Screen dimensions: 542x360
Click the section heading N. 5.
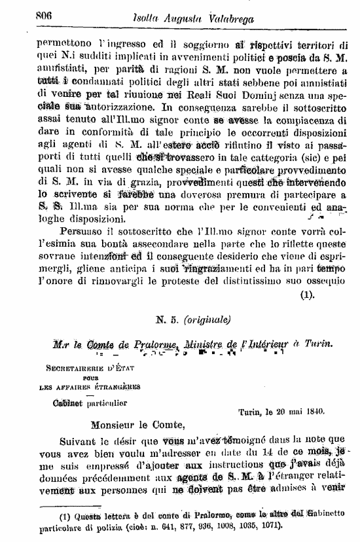click(164, 320)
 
